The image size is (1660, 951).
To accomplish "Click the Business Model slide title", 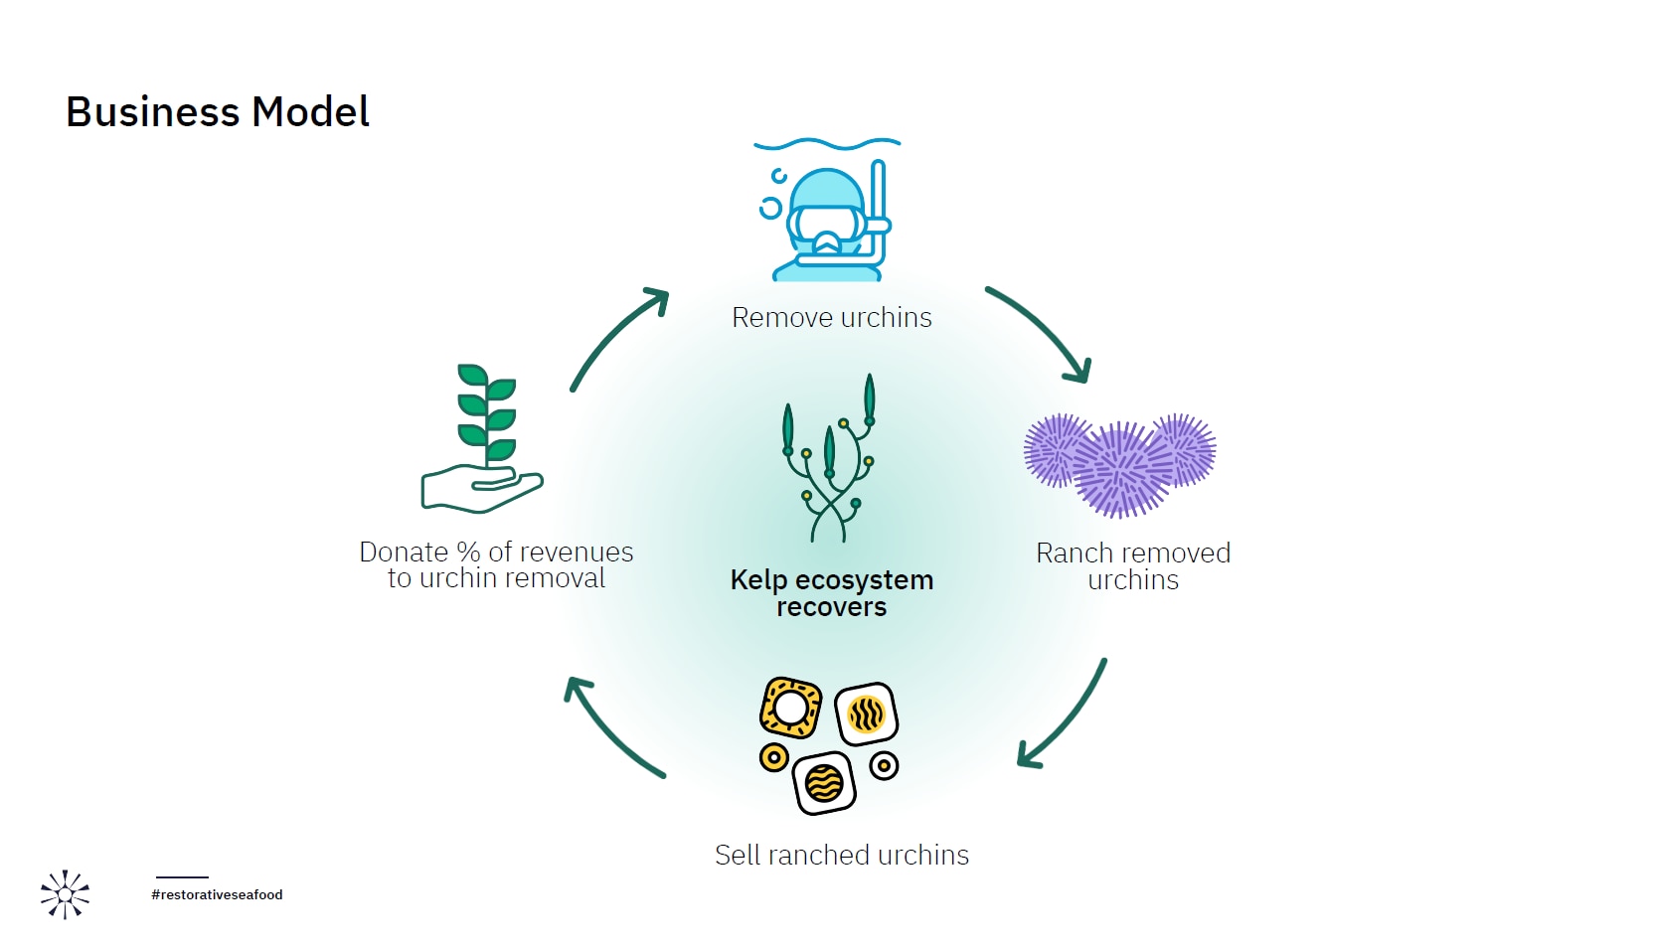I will pos(218,111).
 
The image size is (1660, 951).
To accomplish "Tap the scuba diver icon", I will pos(827,222).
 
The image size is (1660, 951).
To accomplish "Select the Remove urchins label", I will pos(832,318).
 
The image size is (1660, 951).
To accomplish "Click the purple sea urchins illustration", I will pos(1120,464).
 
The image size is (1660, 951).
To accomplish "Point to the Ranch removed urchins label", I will pos(1133,566).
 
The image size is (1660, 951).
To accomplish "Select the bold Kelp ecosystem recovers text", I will pos(832,593).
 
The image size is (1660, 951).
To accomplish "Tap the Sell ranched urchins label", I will pos(842,856).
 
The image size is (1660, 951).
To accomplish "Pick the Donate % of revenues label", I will pos(496,565).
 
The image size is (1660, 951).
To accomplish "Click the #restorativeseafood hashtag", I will pos(217,895).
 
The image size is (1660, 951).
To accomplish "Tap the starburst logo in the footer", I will pos(65,894).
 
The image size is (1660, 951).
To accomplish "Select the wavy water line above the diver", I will pos(827,145).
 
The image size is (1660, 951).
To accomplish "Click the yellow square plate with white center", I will pos(790,709).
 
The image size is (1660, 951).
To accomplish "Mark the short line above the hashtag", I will pos(182,877).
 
